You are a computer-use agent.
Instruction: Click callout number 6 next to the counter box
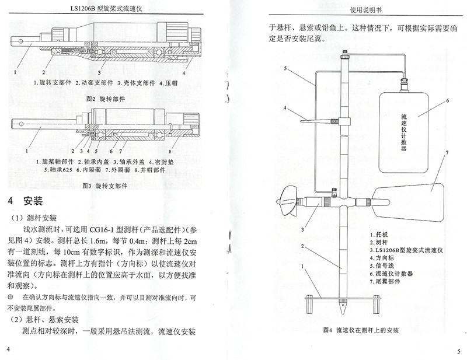[x=447, y=100]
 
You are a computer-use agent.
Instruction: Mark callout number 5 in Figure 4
[x=285, y=68]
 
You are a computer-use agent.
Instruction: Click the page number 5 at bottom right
[x=458, y=351]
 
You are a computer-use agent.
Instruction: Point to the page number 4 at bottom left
[x=9, y=348]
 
